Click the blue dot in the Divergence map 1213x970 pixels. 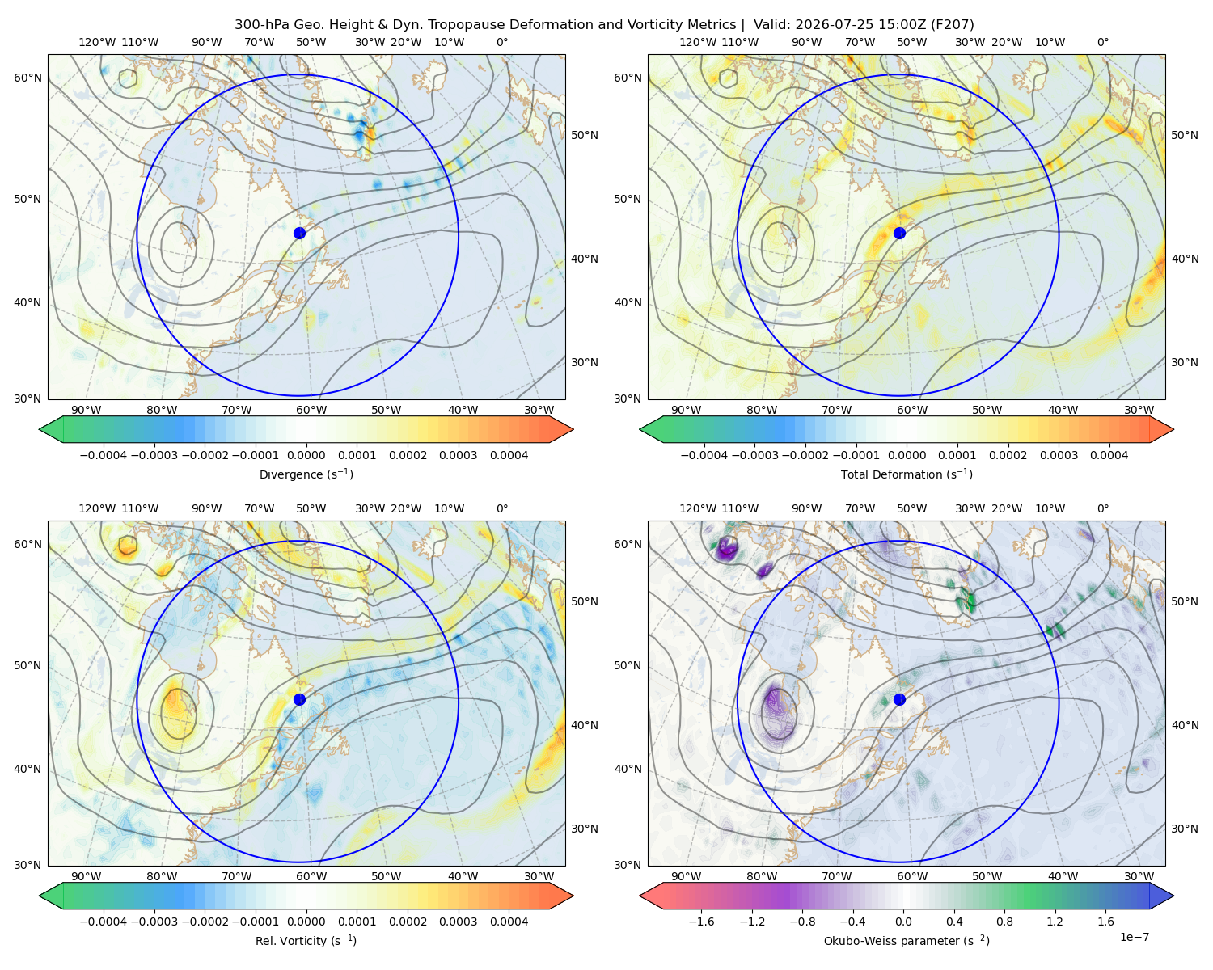coord(299,233)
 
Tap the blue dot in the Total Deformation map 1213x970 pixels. coord(899,233)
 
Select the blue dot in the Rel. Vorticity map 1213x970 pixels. coord(299,699)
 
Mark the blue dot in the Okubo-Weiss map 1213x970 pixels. coord(899,699)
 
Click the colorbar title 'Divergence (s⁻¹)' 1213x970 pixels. coord(306,474)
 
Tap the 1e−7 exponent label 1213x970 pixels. coord(1134,937)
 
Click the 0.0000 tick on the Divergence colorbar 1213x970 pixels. coord(306,455)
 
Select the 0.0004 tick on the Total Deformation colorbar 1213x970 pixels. coord(1109,455)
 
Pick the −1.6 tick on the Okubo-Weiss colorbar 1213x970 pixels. coord(701,921)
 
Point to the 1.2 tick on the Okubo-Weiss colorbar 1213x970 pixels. coord(1055,921)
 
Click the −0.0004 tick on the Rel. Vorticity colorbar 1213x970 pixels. coord(104,921)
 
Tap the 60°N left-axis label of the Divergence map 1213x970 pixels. coord(27,78)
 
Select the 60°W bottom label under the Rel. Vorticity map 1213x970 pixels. coord(311,876)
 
